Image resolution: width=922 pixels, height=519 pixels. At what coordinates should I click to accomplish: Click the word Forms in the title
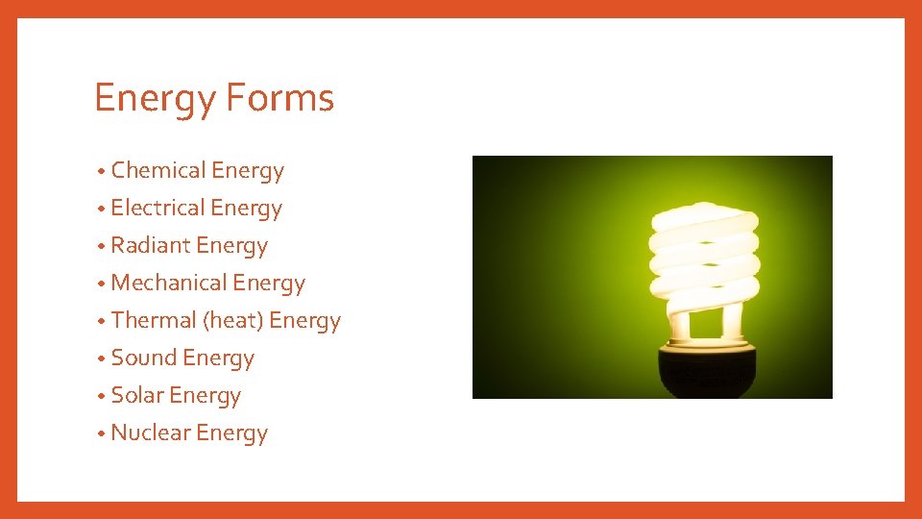(280, 98)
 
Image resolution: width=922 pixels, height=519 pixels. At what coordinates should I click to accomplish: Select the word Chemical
(158, 170)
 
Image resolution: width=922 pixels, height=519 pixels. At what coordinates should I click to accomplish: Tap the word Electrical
(158, 208)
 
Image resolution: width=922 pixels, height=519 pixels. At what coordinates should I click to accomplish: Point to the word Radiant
(151, 245)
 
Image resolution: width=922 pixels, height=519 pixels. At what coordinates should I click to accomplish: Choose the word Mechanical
(169, 283)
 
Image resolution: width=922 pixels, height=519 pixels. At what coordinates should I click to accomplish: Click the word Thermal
(153, 320)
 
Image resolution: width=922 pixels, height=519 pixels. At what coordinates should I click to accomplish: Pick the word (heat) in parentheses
(233, 320)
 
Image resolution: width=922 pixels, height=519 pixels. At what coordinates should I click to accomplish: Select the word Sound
(143, 358)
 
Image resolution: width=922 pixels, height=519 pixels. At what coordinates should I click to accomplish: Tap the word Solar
(137, 395)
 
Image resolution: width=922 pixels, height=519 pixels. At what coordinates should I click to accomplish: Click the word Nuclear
(151, 432)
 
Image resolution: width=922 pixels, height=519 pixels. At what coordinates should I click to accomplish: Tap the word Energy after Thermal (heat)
(305, 321)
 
